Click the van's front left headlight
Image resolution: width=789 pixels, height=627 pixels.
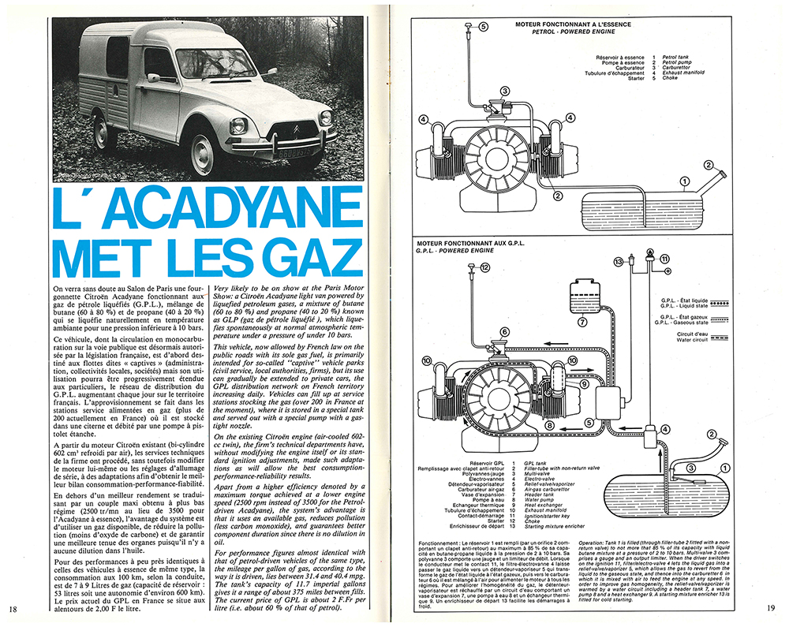click(x=238, y=125)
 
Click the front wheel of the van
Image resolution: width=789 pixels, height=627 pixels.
click(x=202, y=153)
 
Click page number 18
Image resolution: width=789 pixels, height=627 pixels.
click(x=14, y=608)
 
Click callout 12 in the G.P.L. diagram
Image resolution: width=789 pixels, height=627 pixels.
click(x=484, y=268)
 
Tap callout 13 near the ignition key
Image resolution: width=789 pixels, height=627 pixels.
click(x=619, y=260)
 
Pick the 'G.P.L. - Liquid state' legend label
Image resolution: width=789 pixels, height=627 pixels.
click(x=693, y=305)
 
